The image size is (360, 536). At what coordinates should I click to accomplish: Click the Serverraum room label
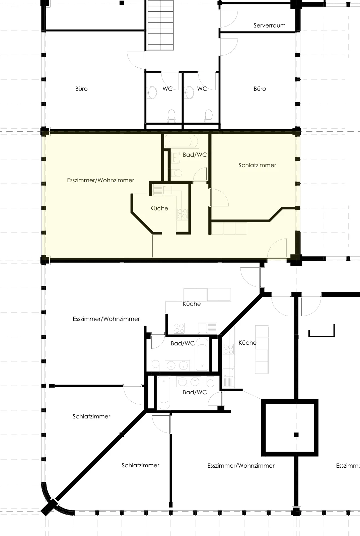269,25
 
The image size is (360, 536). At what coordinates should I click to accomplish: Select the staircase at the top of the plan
160,25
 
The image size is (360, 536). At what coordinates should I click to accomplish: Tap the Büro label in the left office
81,89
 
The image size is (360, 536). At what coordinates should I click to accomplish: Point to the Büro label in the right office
260,89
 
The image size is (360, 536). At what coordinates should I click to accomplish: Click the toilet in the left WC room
171,116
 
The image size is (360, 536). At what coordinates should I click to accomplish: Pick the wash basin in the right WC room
190,92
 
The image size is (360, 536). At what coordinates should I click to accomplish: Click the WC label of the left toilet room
167,89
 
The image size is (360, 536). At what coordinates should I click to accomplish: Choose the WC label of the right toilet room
202,89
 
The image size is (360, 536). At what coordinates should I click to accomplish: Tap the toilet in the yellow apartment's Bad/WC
176,173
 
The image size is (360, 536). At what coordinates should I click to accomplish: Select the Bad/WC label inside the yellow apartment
195,155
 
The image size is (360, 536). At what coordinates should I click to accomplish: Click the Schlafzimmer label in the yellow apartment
257,165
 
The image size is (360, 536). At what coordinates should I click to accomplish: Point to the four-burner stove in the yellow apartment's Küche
182,214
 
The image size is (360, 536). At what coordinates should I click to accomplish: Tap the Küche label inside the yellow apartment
159,208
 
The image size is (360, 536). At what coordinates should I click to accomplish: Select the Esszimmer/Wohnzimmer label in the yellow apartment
100,180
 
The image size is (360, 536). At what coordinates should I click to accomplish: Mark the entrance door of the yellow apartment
277,249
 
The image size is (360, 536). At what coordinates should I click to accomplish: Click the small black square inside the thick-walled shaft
296,435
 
